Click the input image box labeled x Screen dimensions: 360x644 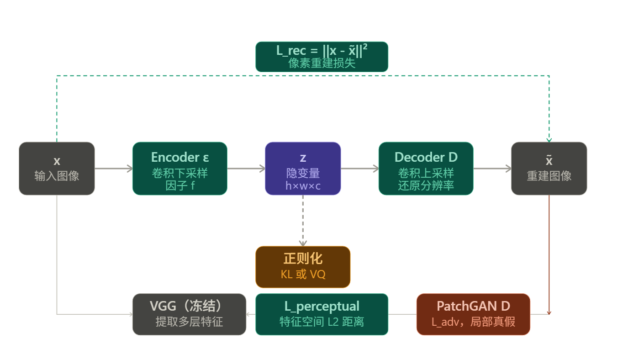(x=57, y=169)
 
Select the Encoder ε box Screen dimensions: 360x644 (x=179, y=169)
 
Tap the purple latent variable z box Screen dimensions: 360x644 (x=303, y=169)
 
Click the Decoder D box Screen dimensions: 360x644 (x=426, y=169)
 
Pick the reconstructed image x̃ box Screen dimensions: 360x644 (x=549, y=169)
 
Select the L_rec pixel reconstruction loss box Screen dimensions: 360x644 (x=322, y=57)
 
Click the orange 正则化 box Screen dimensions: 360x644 (x=303, y=267)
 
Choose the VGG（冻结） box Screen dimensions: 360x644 (x=189, y=314)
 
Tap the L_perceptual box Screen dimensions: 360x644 (x=322, y=314)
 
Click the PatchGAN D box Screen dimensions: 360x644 (x=473, y=314)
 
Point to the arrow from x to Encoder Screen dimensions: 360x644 (x=113, y=169)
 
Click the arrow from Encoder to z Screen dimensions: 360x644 (x=246, y=169)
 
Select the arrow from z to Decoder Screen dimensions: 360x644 (x=359, y=169)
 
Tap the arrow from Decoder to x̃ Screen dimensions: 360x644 (x=492, y=169)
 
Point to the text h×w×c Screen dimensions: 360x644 (x=303, y=186)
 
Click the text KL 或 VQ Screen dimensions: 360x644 (x=303, y=275)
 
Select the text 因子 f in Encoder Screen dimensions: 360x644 (x=179, y=186)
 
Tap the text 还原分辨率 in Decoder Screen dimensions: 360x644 (x=426, y=186)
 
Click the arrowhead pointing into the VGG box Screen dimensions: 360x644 (x=249, y=314)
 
